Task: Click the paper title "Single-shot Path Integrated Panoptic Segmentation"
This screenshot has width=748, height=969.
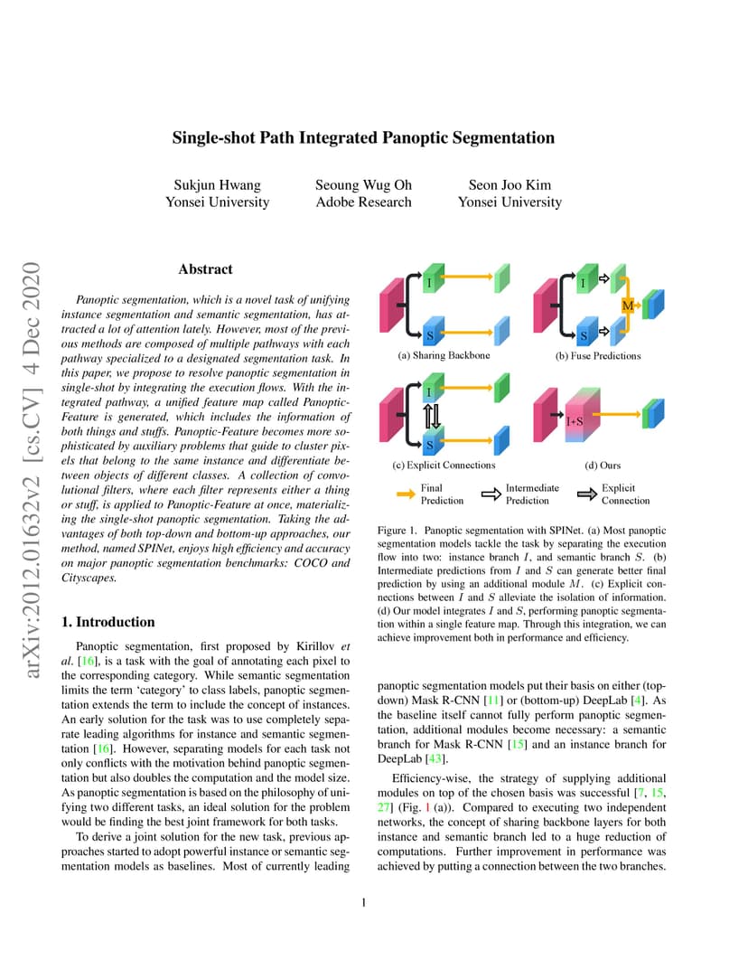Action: coord(363,137)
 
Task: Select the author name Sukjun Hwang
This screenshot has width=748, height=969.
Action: coord(218,184)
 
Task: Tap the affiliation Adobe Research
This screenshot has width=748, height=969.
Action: coord(363,202)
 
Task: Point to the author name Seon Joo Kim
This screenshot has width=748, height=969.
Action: coord(510,184)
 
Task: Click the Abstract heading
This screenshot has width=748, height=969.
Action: coord(205,268)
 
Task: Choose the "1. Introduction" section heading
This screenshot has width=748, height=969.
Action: coord(108,622)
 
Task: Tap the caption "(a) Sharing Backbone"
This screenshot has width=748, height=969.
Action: coord(444,355)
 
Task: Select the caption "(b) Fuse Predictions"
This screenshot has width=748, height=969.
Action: coord(598,356)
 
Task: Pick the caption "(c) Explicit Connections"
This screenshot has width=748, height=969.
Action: coord(444,465)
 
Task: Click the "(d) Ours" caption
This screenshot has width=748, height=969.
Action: coord(603,466)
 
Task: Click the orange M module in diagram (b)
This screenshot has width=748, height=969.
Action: coord(628,306)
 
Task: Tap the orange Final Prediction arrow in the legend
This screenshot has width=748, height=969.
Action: coord(406,494)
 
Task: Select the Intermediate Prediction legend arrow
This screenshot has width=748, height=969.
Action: coord(491,494)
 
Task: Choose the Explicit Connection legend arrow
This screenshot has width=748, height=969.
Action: coord(587,494)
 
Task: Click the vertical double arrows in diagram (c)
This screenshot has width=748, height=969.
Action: coord(432,417)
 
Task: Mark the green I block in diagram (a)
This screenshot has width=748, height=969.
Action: coord(434,278)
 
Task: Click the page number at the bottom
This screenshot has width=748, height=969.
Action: coord(364,902)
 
